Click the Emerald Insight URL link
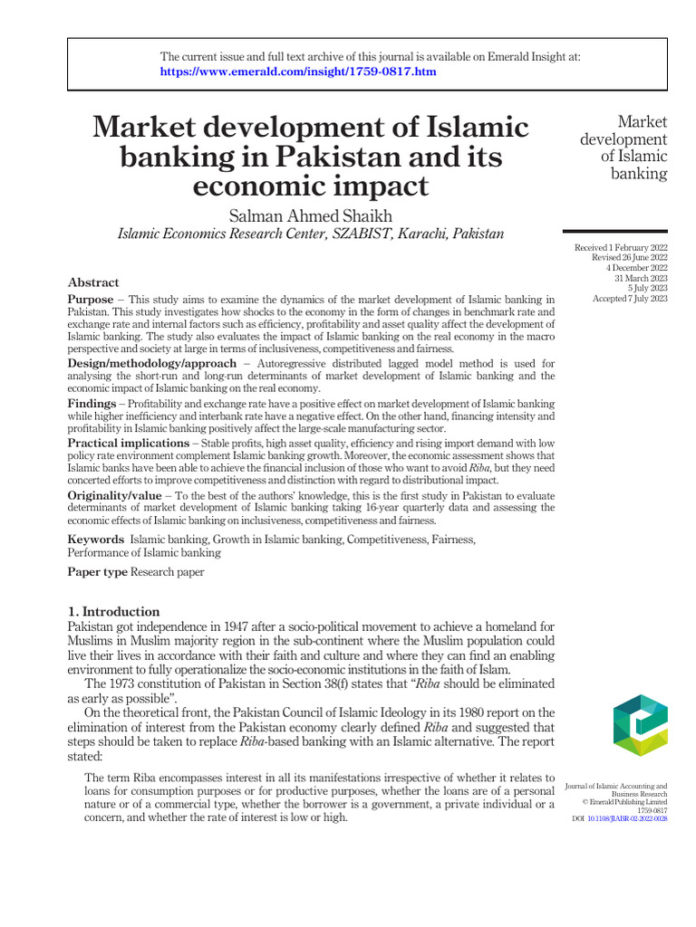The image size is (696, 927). point(298,72)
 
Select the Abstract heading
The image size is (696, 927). point(93,282)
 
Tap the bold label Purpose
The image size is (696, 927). point(91,299)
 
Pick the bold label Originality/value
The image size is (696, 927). point(115,495)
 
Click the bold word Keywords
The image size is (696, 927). point(96,539)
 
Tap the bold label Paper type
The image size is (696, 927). point(97,572)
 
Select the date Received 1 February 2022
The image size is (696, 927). point(621,247)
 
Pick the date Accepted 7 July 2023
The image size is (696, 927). point(629,298)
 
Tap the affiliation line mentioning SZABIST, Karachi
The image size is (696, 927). point(311,234)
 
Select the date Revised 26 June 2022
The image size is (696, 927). point(628,257)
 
